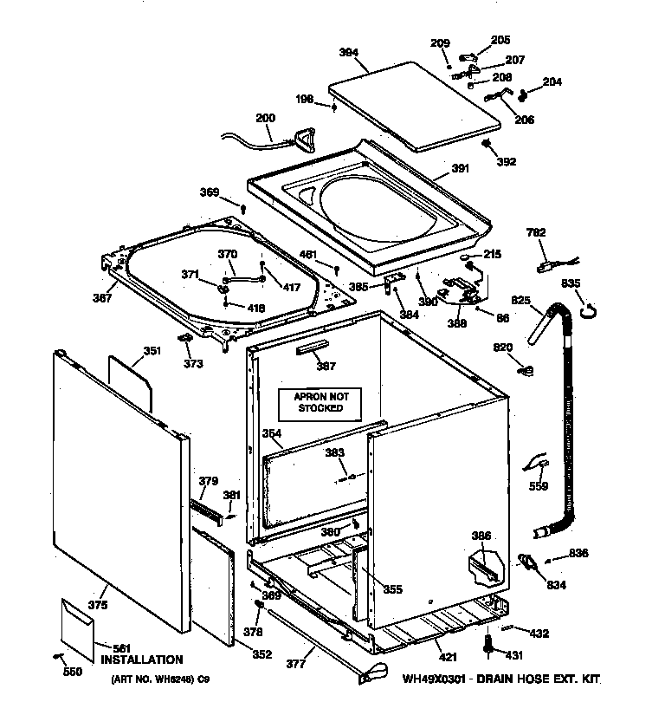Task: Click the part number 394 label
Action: (348, 52)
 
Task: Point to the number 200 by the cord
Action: (265, 119)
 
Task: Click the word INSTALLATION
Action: (142, 660)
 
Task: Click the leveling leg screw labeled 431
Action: (488, 646)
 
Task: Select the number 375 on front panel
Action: (98, 604)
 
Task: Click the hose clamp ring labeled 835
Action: (588, 305)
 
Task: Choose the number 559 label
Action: (539, 487)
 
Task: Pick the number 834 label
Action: (556, 585)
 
